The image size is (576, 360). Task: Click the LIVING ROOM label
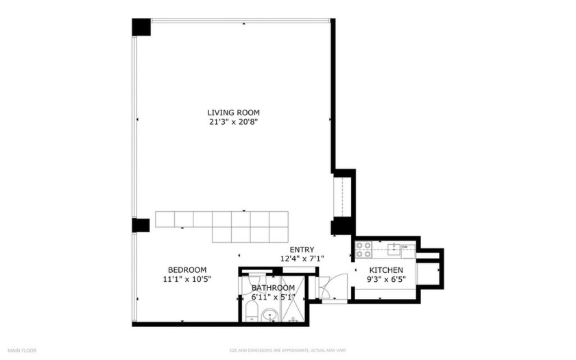(233, 112)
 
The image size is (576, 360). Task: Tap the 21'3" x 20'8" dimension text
(233, 122)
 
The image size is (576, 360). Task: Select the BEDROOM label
(187, 270)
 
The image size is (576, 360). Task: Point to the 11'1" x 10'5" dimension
(187, 280)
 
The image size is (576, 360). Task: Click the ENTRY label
(302, 250)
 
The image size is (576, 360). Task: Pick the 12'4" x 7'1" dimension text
(302, 259)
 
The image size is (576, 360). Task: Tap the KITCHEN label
(387, 270)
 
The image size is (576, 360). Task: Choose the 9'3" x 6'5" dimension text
(387, 280)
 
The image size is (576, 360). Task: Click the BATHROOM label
(273, 288)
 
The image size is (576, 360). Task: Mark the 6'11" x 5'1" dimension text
(273, 297)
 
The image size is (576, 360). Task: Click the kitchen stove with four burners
(363, 250)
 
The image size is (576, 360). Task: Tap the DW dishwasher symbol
(405, 247)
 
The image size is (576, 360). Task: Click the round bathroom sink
(272, 316)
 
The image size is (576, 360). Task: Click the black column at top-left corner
(141, 27)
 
